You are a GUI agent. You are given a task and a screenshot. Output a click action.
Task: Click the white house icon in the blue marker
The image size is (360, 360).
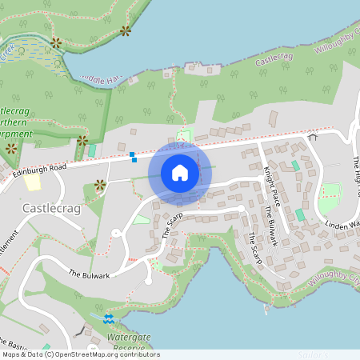[x=180, y=173]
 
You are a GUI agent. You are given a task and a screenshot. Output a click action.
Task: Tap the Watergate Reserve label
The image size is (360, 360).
[x=123, y=342]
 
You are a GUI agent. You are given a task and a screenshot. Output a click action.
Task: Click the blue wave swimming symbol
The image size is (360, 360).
[x=109, y=319]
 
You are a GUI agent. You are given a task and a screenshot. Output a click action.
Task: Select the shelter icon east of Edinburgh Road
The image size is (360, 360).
[x=312, y=137]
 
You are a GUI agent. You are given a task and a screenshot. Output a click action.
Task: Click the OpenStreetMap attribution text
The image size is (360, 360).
[x=80, y=354]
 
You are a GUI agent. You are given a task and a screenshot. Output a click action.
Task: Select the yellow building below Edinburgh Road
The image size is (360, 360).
[x=33, y=182]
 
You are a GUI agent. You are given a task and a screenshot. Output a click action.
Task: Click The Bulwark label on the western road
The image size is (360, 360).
[x=88, y=274]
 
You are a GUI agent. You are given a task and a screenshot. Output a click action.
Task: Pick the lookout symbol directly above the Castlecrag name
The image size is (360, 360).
[x=100, y=186]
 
